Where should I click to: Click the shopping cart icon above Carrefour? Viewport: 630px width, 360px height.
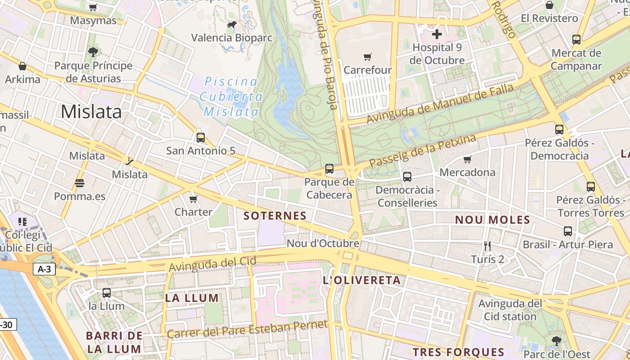[368, 57]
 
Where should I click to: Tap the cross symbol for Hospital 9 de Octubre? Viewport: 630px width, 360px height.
[436, 34]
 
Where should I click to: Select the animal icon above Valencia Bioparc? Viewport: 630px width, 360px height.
[232, 25]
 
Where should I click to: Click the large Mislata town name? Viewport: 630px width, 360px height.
[91, 112]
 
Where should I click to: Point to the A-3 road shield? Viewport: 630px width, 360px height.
[44, 269]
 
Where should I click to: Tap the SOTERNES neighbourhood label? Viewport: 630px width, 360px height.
[275, 216]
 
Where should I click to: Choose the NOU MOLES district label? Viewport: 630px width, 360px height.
[492, 220]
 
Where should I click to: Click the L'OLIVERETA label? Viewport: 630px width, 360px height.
[362, 280]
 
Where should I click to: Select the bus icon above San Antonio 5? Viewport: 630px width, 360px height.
[201, 137]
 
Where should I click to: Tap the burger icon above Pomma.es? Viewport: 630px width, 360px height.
[80, 183]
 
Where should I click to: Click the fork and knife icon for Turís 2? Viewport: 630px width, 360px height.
[487, 246]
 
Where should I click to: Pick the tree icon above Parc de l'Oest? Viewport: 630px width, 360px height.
[557, 341]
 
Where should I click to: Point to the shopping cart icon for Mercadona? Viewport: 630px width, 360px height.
[468, 159]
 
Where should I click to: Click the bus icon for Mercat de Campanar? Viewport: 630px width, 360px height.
[576, 39]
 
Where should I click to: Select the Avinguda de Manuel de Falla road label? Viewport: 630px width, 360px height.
[440, 103]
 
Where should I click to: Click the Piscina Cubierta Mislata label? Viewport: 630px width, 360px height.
[231, 96]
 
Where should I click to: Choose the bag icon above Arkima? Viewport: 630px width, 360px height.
[22, 66]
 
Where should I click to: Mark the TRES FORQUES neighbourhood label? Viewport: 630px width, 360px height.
[458, 352]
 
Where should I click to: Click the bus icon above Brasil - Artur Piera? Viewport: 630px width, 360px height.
[568, 231]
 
